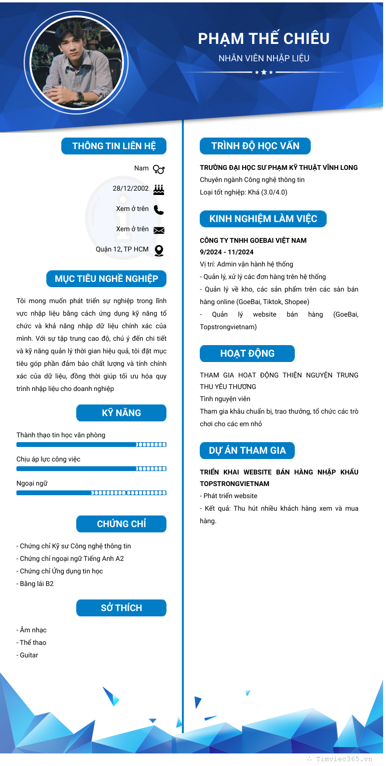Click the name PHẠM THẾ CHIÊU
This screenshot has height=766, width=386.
coord(263,39)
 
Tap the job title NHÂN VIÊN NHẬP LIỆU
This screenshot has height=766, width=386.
coord(263,58)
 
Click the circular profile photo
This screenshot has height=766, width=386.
coord(77,63)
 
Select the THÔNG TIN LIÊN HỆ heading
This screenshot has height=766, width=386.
coord(114,146)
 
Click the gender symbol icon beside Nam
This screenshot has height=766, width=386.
coord(159,169)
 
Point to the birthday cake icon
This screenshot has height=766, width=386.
coord(159,189)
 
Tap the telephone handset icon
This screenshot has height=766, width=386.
coord(159,209)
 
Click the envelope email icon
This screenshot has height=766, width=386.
coord(159,230)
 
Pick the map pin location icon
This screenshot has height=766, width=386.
coord(159,251)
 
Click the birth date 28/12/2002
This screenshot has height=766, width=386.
coord(131,189)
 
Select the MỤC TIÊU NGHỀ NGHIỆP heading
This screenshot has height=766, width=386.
coord(106,279)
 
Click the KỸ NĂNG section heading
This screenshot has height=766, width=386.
coord(121,413)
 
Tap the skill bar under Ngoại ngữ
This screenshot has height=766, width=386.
coord(91,493)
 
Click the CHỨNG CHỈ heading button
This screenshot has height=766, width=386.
coord(121,524)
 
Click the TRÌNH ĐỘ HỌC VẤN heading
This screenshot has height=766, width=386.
coord(255,146)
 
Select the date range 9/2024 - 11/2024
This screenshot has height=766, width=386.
coord(226,252)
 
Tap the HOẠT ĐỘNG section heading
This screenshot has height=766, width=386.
coord(247,354)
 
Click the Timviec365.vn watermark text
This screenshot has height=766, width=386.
coord(344,759)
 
